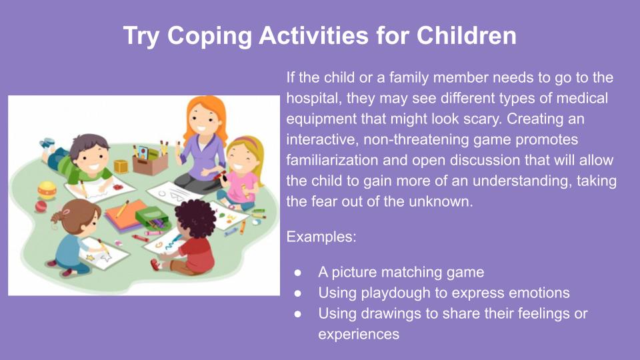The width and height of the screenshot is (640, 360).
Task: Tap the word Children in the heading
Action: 466,35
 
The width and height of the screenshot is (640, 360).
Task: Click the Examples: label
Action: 321,237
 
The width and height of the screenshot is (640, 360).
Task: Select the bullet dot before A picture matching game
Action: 297,273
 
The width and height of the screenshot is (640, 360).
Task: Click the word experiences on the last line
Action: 359,335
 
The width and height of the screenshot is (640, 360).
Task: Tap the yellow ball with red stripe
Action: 47,190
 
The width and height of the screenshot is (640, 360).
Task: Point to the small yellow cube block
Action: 121,167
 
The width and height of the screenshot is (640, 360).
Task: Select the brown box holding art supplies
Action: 150,163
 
